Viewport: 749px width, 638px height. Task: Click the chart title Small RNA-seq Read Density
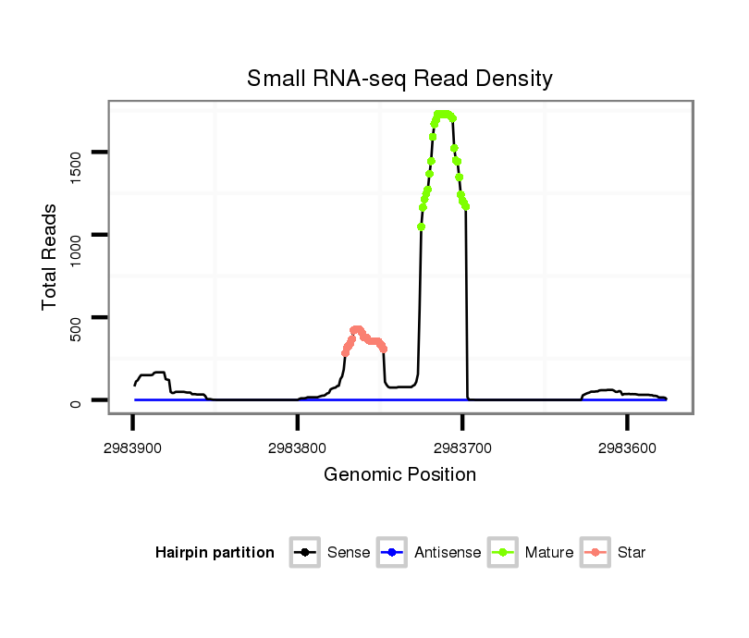399,79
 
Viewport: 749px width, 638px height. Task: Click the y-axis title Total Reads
50,256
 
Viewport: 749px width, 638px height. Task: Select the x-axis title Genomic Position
399,475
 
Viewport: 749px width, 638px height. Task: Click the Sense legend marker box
305,553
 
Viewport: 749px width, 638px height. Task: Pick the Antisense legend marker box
392,553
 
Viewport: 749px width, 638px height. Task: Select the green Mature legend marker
503,553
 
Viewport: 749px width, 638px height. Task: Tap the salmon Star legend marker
596,553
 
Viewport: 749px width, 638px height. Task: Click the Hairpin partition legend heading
215,553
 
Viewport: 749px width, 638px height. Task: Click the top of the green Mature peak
444,114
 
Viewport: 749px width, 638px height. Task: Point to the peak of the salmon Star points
357,329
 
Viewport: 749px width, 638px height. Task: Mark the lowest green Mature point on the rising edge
421,227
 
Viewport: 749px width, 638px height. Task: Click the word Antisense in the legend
448,553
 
